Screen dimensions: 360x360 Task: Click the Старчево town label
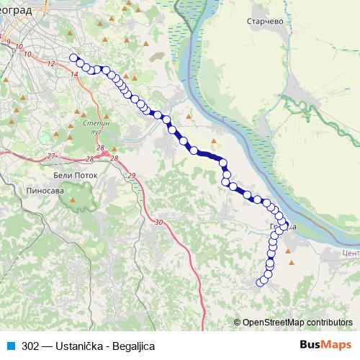pyautogui.click(x=267, y=22)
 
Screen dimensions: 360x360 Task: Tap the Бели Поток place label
pyautogui.click(x=70, y=174)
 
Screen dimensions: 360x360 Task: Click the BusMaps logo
pyautogui.click(x=326, y=345)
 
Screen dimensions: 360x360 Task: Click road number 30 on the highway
pyautogui.click(x=159, y=222)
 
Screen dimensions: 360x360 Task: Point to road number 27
pyautogui.click(x=51, y=156)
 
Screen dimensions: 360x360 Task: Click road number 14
pyautogui.click(x=75, y=73)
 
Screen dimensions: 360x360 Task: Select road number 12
pyautogui.click(x=52, y=64)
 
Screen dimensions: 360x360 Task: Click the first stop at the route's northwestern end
pyautogui.click(x=73, y=58)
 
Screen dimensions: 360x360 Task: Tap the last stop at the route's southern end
pyautogui.click(x=262, y=282)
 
